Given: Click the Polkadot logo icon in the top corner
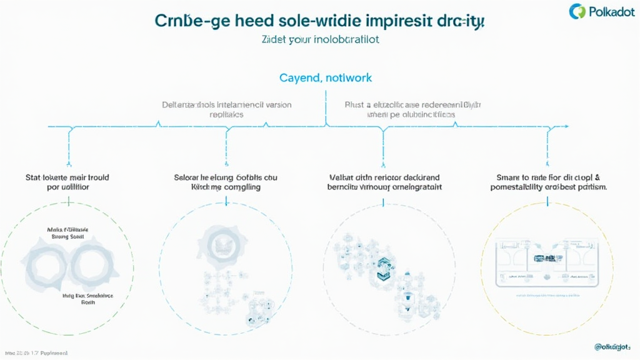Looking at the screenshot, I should [x=578, y=11].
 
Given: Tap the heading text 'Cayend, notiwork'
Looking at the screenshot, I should [x=325, y=78].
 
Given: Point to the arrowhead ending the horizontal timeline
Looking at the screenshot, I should [x=566, y=127].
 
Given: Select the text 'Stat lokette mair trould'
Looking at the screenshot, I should [x=68, y=177].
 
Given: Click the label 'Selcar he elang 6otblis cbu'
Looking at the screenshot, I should [x=226, y=177].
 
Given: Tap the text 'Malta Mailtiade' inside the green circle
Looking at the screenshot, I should [x=67, y=230].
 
